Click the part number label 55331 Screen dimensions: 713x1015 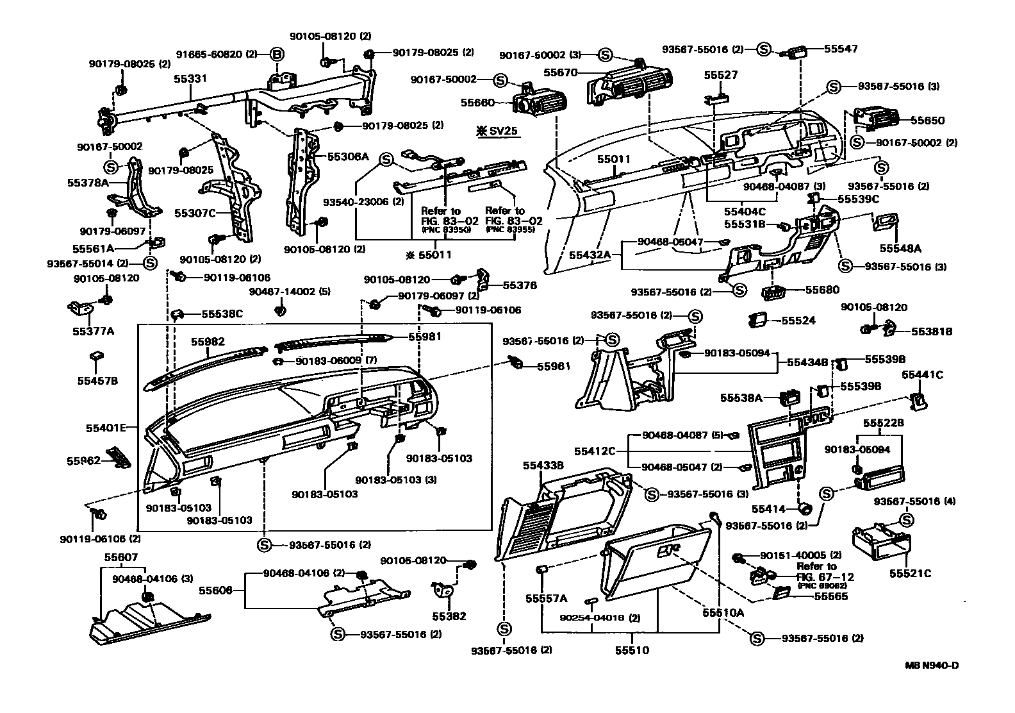click(x=190, y=79)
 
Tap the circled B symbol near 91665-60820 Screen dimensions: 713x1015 click(x=277, y=55)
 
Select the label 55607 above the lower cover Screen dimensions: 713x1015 click(x=120, y=558)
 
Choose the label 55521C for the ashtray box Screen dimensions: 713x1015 click(x=909, y=573)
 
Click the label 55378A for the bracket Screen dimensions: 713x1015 click(x=88, y=183)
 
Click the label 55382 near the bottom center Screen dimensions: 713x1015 click(x=449, y=616)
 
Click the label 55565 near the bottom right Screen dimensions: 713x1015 click(x=830, y=596)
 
